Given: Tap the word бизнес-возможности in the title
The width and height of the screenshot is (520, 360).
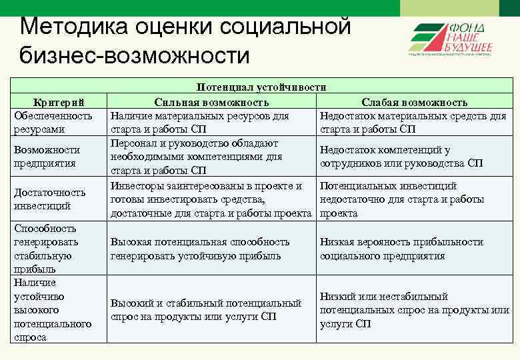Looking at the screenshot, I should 134,55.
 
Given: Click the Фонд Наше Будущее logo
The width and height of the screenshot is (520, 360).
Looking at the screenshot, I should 450,40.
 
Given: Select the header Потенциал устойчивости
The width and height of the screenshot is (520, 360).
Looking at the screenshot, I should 261,87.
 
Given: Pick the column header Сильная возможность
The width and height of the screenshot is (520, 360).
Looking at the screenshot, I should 211,102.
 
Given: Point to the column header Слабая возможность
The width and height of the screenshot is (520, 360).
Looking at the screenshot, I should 414,102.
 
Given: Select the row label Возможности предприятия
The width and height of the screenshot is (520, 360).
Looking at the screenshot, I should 47,157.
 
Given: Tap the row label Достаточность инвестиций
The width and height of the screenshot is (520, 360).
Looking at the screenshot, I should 49,199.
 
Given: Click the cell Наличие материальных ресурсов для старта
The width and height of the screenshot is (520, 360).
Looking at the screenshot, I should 200,123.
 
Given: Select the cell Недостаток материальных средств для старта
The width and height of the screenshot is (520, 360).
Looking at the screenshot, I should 413,123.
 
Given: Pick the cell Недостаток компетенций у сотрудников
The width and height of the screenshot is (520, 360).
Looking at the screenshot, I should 401,157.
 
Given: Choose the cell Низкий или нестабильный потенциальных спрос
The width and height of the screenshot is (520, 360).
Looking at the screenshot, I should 414,310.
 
